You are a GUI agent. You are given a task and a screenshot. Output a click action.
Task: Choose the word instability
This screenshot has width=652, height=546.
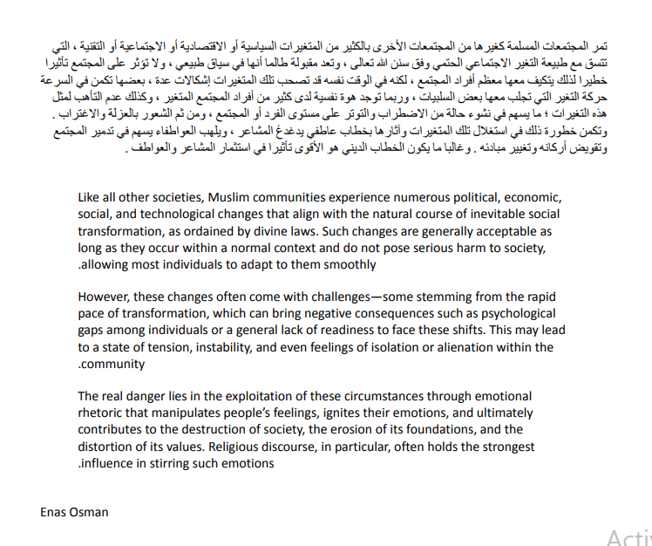pyautogui.click(x=250, y=347)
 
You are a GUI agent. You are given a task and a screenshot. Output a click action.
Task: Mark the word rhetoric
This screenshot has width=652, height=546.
pyautogui.click(x=101, y=413)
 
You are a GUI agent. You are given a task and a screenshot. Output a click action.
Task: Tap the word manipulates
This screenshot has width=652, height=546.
pyautogui.click(x=183, y=413)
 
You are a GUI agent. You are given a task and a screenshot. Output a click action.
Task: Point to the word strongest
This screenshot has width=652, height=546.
pyautogui.click(x=505, y=447)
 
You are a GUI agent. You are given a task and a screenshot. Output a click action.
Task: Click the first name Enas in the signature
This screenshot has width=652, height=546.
pyautogui.click(x=53, y=512)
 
